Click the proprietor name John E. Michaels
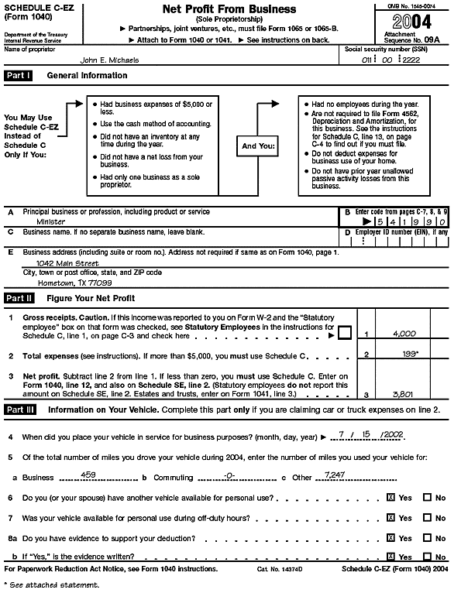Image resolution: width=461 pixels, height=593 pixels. click(x=110, y=59)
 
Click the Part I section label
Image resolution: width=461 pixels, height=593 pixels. click(x=19, y=76)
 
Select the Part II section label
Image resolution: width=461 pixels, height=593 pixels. click(x=19, y=298)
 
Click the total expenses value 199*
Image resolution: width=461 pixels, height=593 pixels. click(x=408, y=354)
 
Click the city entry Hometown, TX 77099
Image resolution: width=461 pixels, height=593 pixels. click(x=71, y=283)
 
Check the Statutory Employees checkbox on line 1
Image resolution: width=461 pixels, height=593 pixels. click(x=345, y=333)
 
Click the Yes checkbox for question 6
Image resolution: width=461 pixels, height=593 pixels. click(x=390, y=498)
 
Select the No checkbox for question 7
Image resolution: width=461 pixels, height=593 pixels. click(x=427, y=518)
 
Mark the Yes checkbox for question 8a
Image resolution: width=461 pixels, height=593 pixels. click(x=390, y=538)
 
